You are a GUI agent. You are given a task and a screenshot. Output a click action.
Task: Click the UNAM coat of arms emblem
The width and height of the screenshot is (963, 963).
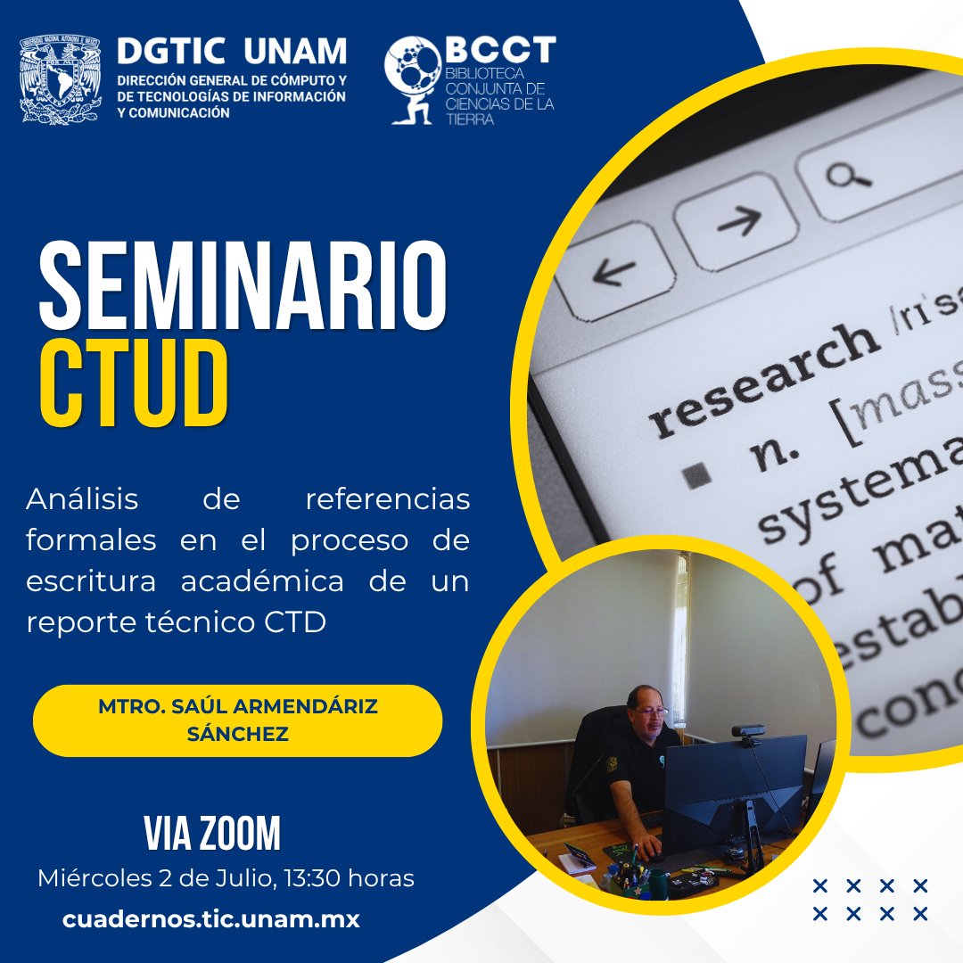tap(61, 79)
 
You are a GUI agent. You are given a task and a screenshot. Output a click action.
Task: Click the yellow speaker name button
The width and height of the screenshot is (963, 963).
tap(237, 720)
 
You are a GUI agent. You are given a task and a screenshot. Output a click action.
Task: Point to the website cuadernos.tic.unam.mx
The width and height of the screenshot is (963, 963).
tap(211, 919)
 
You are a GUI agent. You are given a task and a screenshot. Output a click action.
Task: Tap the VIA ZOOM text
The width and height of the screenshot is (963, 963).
tap(212, 835)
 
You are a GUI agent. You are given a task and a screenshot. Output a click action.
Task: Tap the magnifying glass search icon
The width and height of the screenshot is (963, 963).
tap(846, 174)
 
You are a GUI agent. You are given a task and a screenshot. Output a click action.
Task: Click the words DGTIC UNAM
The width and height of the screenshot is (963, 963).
tap(232, 52)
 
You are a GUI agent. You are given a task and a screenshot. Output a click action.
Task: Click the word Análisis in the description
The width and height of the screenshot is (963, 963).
tap(82, 499)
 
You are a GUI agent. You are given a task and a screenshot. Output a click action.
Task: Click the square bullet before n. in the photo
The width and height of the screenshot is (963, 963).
tap(698, 475)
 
